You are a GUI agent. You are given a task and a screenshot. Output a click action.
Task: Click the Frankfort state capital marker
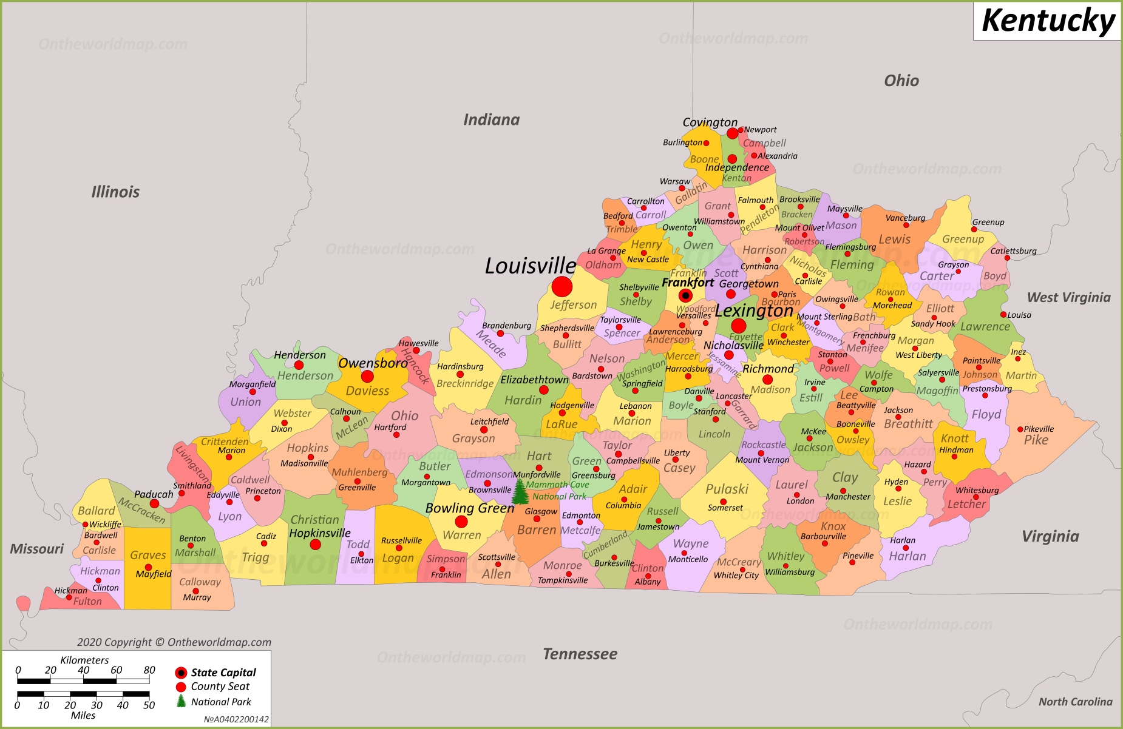pyautogui.click(x=685, y=296)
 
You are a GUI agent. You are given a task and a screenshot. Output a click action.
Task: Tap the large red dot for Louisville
pyautogui.click(x=562, y=287)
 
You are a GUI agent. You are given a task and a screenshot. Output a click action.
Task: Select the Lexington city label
pyautogui.click(x=754, y=311)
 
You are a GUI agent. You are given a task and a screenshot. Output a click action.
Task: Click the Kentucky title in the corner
pyautogui.click(x=1048, y=21)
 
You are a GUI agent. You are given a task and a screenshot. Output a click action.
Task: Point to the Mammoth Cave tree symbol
pyautogui.click(x=520, y=492)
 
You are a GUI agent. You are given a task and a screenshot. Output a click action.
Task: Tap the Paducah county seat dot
pyautogui.click(x=154, y=503)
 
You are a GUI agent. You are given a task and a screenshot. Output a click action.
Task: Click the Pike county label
pyautogui.click(x=1036, y=440)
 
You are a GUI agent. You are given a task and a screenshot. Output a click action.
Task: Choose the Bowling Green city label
pyautogui.click(x=470, y=508)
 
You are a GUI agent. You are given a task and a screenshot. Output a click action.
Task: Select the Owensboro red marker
pyautogui.click(x=367, y=377)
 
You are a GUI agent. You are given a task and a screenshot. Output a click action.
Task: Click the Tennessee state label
pyautogui.click(x=580, y=654)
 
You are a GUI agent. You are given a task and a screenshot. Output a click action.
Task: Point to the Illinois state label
pyautogui.click(x=115, y=192)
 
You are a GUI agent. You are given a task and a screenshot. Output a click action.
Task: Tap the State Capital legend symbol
pyautogui.click(x=181, y=673)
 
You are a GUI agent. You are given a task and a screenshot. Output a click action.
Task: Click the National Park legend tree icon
pyautogui.click(x=181, y=701)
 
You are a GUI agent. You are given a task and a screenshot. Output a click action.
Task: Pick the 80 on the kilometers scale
pyautogui.click(x=149, y=670)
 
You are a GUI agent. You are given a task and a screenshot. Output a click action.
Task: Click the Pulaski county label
pyautogui.click(x=727, y=489)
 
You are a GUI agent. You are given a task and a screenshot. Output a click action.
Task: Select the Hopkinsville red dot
pyautogui.click(x=316, y=545)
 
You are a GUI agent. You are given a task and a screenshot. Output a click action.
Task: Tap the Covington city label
pyautogui.click(x=710, y=123)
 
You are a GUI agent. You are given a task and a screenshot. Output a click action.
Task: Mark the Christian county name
pyautogui.click(x=314, y=520)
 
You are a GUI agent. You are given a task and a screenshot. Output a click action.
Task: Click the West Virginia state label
pyautogui.click(x=1068, y=298)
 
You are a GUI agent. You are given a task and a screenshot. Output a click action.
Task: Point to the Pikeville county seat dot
pyautogui.click(x=1020, y=429)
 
